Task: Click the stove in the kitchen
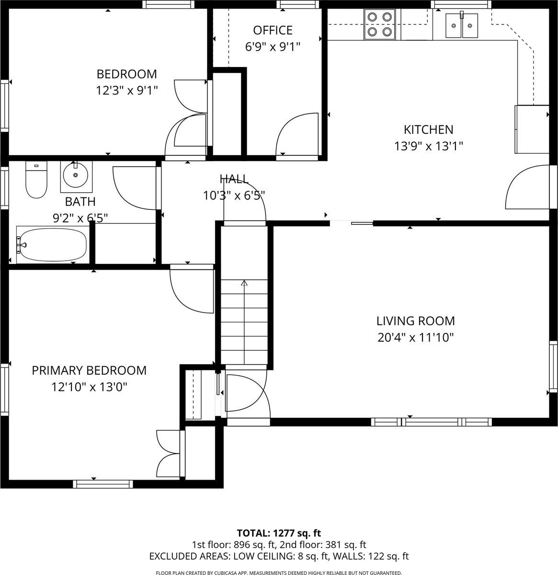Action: (x=379, y=24)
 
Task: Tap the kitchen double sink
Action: (x=461, y=25)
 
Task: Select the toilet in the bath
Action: (x=36, y=181)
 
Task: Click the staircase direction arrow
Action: (x=244, y=284)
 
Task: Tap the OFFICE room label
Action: (x=273, y=30)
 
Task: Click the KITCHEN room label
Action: (x=428, y=129)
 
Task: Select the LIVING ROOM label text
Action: (x=415, y=321)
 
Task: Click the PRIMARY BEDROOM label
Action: (x=89, y=370)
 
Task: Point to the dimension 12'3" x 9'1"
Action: (x=126, y=90)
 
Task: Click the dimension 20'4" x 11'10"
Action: (x=415, y=337)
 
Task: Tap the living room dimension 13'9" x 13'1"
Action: (x=428, y=146)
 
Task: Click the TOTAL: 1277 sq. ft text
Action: (x=279, y=533)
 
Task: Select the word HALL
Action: (x=234, y=179)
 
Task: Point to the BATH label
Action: (x=80, y=202)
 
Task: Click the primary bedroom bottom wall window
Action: (x=103, y=484)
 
